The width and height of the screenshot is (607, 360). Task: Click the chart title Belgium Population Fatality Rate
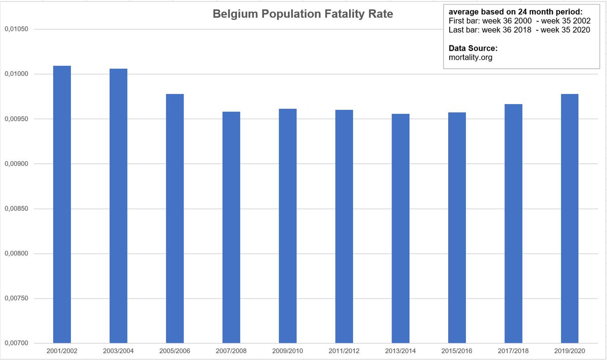point(302,14)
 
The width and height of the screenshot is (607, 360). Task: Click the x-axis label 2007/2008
point(231,350)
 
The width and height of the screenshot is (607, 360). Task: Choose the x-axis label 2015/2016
point(457,350)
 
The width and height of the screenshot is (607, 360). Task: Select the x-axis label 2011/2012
point(344,350)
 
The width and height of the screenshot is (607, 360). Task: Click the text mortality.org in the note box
point(470,57)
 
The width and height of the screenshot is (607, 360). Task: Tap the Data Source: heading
point(473,49)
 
